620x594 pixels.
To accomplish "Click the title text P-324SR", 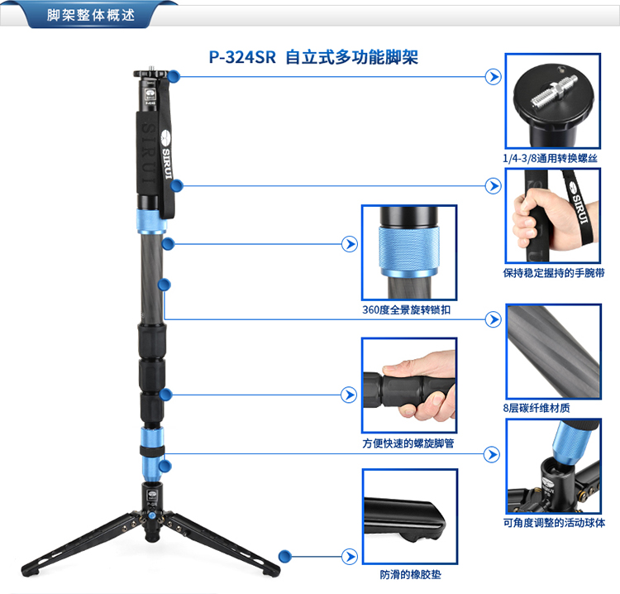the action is [x=242, y=57].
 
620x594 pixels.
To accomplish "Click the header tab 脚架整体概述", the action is [x=91, y=15].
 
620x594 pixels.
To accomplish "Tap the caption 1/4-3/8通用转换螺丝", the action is [x=550, y=158].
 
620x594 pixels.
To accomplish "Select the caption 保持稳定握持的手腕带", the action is [x=553, y=273].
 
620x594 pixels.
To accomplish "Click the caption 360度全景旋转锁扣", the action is [x=407, y=309].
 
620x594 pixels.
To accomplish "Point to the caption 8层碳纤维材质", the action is [x=537, y=408].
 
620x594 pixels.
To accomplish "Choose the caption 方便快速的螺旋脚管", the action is [x=408, y=443].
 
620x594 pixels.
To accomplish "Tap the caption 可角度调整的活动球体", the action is [x=554, y=523].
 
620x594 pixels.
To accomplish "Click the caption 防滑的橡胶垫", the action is [x=410, y=574].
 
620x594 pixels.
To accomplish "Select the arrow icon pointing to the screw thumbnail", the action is [x=493, y=77].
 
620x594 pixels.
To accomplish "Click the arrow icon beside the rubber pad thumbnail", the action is [x=350, y=557].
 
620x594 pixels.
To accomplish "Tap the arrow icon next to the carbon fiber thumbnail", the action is [x=493, y=319].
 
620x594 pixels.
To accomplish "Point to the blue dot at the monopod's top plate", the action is [x=174, y=76].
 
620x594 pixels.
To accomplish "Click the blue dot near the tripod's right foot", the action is [x=284, y=557].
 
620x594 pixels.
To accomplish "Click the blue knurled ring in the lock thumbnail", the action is [x=409, y=248].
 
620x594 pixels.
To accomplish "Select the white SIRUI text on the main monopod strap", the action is [x=167, y=164].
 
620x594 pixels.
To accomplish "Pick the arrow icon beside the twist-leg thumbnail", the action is [x=349, y=395].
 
